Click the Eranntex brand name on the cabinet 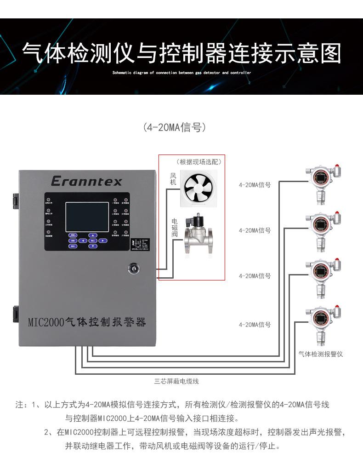(86, 181)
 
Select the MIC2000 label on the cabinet (87, 321)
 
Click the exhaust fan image (199, 189)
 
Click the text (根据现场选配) (199, 162)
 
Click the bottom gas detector (322, 324)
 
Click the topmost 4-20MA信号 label (255, 185)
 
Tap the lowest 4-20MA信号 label (255, 325)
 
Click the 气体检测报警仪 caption (320, 354)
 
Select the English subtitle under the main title (181, 73)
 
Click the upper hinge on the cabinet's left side (15, 198)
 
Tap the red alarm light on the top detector (337, 166)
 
